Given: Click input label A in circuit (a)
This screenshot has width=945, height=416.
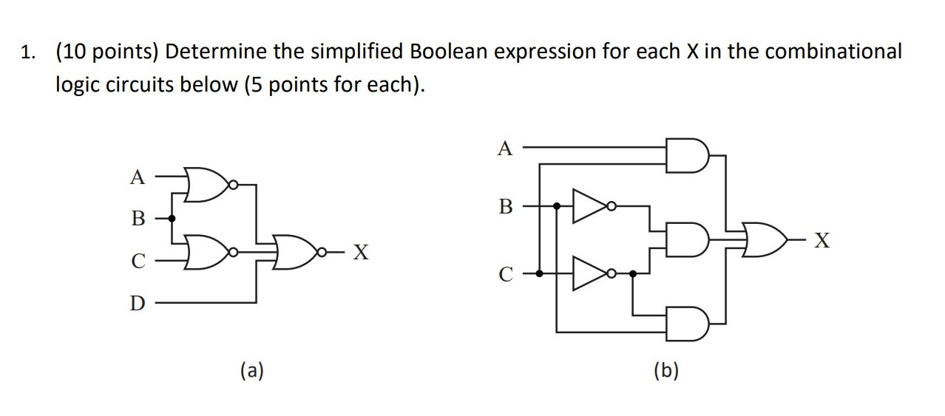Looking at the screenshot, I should [x=136, y=177].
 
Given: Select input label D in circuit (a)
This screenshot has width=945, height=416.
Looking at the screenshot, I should [x=137, y=303].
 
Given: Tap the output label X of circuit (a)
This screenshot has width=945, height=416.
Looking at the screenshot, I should [x=360, y=253].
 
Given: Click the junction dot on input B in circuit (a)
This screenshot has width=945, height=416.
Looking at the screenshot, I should [x=172, y=218].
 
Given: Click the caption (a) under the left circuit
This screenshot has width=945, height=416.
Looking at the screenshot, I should [x=252, y=370].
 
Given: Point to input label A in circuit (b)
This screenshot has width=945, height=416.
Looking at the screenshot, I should [x=505, y=149].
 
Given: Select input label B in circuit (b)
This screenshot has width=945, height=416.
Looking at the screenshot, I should [x=506, y=206].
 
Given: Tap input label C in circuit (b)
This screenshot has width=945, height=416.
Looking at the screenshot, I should [x=506, y=274].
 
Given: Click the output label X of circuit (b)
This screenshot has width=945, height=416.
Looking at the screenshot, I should [x=821, y=240].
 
